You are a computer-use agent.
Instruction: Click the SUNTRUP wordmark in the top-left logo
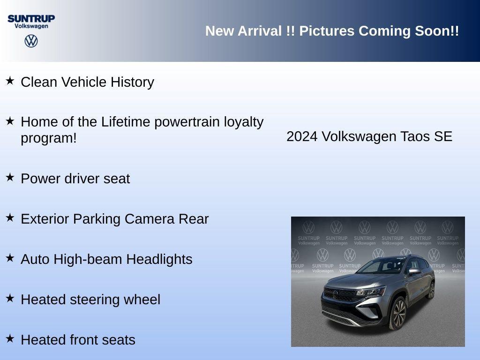coord(31,18)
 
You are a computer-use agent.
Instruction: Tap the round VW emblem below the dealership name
coord(31,41)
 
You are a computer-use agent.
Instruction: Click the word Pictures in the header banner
coord(327,31)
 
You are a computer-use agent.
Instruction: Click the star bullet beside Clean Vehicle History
coord(10,81)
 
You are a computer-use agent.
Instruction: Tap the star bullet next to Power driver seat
coord(10,177)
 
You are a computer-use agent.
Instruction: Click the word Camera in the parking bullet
coord(150,219)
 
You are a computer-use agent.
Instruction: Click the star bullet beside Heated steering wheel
coord(10,298)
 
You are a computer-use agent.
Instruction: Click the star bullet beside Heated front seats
coord(10,338)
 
